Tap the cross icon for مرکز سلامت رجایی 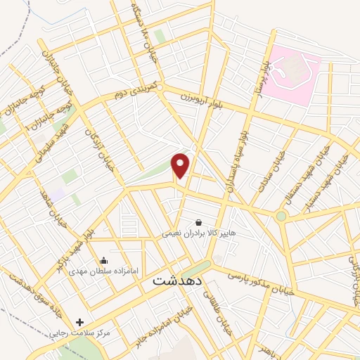coord(79,322)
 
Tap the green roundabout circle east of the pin coord(281,216)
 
